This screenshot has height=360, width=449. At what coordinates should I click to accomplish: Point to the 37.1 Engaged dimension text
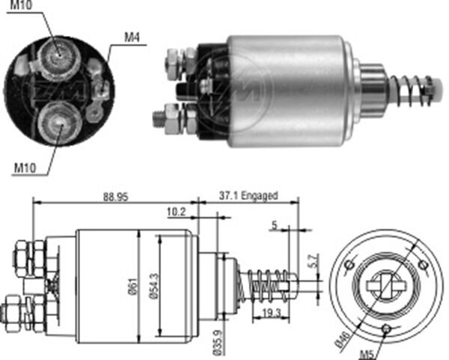[250, 196]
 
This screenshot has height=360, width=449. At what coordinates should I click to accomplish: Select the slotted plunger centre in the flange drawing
[386, 285]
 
